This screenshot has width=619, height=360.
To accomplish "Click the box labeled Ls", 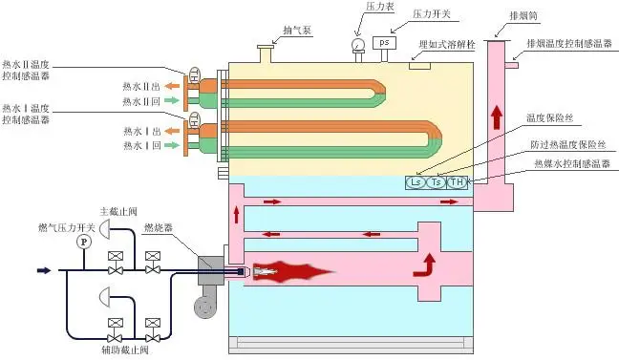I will click(x=417, y=181).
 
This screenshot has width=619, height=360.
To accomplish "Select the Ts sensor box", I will click(x=437, y=181).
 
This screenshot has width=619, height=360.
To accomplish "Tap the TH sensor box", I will click(x=457, y=181).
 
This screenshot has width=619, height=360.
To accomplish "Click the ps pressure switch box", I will click(x=384, y=43).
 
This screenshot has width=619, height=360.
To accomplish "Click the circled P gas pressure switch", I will click(x=83, y=242).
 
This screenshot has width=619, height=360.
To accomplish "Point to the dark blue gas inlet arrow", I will click(x=44, y=271).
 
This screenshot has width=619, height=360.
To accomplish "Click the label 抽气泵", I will click(x=288, y=31).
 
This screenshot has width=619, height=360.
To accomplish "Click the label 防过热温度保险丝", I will click(x=568, y=143).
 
